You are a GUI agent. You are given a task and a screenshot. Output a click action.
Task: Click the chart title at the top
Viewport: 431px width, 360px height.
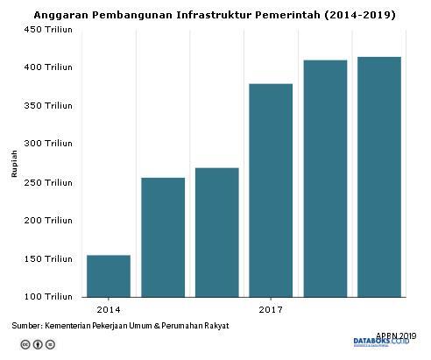pyautogui.click(x=215, y=15)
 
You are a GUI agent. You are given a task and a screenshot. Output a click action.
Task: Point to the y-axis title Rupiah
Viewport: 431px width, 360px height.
pyautogui.click(x=14, y=163)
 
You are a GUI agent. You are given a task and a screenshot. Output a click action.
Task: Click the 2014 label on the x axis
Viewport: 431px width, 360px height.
pyautogui.click(x=109, y=310)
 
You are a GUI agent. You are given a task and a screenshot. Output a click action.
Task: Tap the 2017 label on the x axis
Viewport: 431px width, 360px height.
pyautogui.click(x=271, y=310)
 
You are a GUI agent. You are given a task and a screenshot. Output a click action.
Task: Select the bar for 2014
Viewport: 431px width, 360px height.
pyautogui.click(x=109, y=276)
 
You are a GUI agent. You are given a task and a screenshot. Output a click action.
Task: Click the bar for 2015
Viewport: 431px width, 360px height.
pyautogui.click(x=163, y=236)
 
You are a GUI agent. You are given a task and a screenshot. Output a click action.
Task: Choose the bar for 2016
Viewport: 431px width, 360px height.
pyautogui.click(x=216, y=231)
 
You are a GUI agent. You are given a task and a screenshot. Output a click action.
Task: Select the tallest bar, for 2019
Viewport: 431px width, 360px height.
pyautogui.click(x=378, y=176)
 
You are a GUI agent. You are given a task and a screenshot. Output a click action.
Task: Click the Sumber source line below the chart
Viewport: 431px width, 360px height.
pyautogui.click(x=120, y=325)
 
